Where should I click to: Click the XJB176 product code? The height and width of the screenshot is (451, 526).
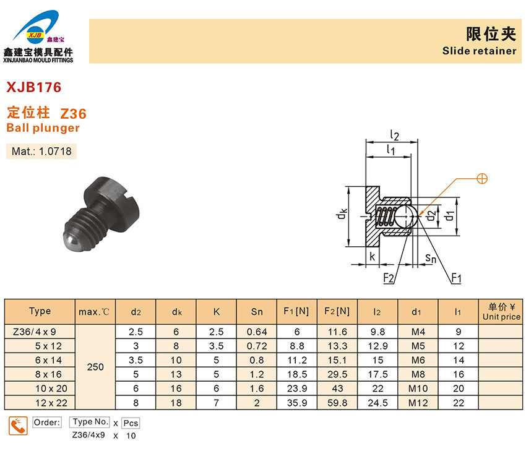pyautogui.click(x=34, y=87)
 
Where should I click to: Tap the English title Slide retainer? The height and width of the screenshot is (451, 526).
pyautogui.click(x=479, y=51)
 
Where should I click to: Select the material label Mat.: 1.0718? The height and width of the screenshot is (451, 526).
pyautogui.click(x=41, y=151)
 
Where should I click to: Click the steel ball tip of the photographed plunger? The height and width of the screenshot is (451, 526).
pyautogui.click(x=71, y=241)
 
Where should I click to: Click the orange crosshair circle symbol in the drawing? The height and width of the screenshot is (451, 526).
pyautogui.click(x=482, y=179)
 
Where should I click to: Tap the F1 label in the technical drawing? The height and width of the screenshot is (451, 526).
pyautogui.click(x=456, y=278)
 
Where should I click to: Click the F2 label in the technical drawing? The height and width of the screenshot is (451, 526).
pyautogui.click(x=388, y=278)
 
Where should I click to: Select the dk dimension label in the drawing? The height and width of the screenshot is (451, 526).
pyautogui.click(x=342, y=214)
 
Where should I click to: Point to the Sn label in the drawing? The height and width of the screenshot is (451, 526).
pyautogui.click(x=431, y=258)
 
